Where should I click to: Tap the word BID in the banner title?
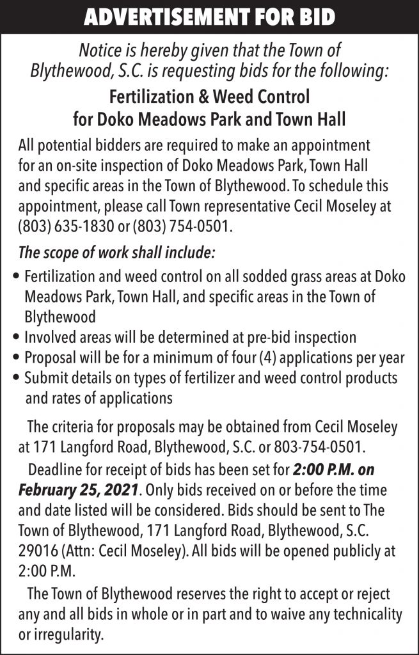(314, 17)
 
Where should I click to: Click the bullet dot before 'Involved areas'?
(15, 337)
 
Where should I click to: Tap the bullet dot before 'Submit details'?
(15, 378)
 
